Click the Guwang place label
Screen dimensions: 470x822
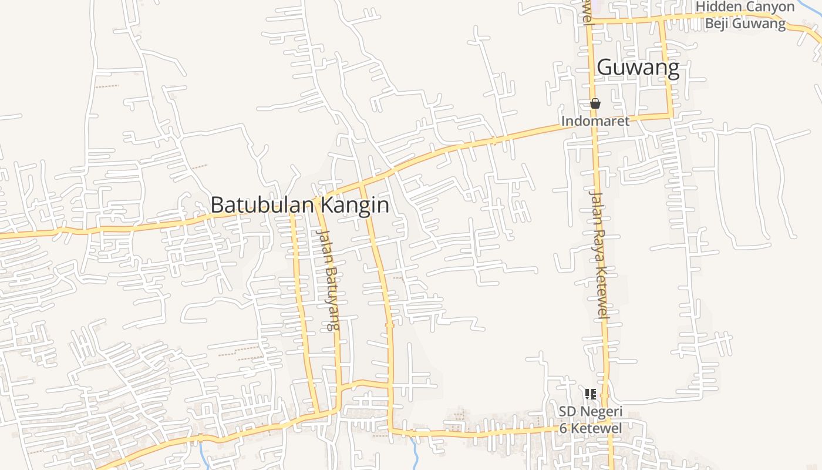pos(638,68)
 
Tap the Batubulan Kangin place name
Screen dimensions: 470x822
pos(299,205)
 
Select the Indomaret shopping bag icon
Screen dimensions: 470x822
pos(595,104)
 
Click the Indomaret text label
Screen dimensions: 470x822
pos(595,121)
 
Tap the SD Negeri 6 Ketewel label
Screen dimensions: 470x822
pos(591,419)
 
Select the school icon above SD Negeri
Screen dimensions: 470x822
pos(591,394)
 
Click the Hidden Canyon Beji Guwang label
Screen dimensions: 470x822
pos(744,15)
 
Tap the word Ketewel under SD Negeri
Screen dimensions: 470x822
pos(596,428)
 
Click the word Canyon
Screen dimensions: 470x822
pos(769,6)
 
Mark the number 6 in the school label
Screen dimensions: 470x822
pos(563,428)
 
